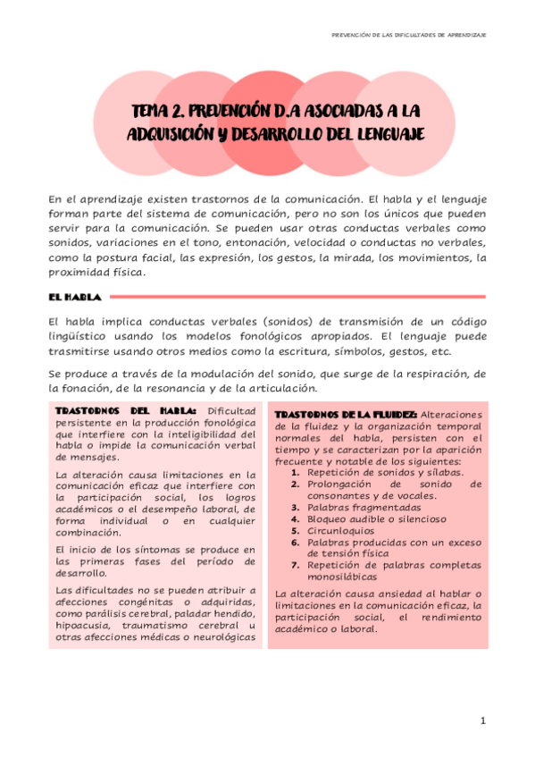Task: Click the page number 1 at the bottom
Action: [x=482, y=721]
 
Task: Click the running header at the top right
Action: [x=407, y=34]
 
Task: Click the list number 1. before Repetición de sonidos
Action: [x=297, y=472]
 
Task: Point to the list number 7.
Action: [x=296, y=565]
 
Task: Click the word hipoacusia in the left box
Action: [x=83, y=627]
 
